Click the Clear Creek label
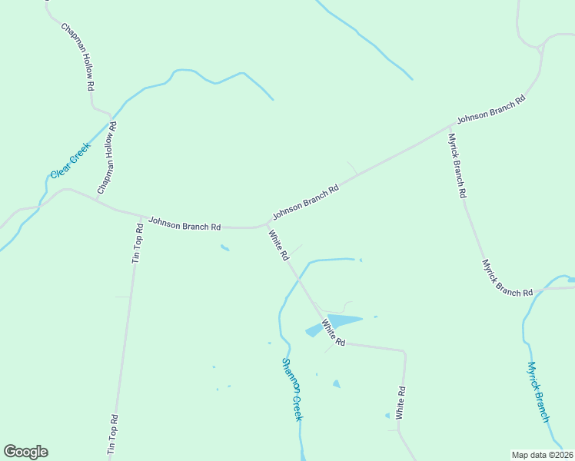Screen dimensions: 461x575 [x=71, y=160]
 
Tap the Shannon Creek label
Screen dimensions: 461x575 [x=293, y=389]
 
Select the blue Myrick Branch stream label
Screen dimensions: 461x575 [x=538, y=392]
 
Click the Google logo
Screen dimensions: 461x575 [x=25, y=452]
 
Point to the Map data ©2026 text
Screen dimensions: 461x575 [x=541, y=455]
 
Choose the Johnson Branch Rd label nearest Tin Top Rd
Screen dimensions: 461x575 [x=184, y=224]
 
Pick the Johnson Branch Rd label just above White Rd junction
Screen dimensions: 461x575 [x=305, y=202]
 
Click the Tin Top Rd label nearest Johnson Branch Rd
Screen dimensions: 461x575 [x=138, y=244]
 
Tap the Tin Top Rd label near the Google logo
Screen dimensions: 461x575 [x=114, y=436]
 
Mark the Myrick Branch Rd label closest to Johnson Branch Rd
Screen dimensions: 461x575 [x=457, y=166]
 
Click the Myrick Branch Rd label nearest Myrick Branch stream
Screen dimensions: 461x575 [x=507, y=278]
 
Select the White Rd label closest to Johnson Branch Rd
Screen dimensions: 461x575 [x=278, y=244]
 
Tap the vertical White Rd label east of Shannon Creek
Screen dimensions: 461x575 [x=401, y=403]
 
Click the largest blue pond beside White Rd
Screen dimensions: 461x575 [x=343, y=320]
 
